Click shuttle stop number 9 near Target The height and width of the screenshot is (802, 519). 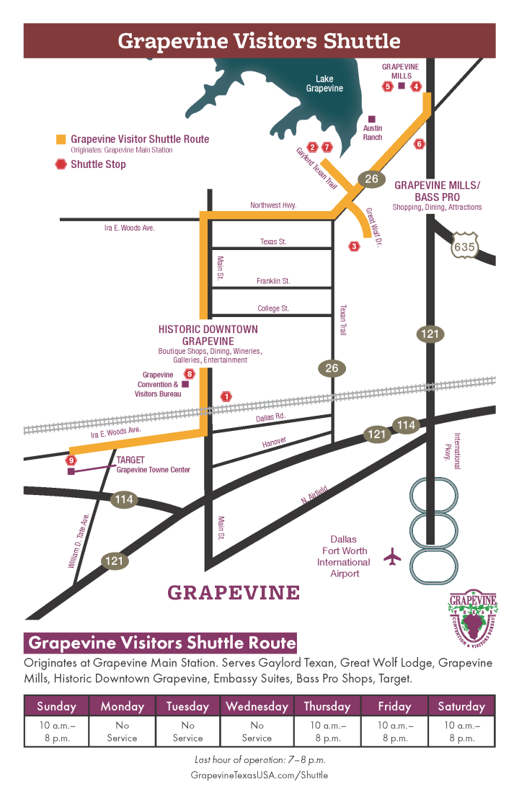click(x=71, y=460)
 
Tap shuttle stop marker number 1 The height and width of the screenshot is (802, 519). click(x=227, y=396)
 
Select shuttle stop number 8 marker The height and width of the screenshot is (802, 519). click(x=190, y=374)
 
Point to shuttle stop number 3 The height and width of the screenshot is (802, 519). click(x=354, y=246)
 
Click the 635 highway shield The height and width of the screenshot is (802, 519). click(x=464, y=246)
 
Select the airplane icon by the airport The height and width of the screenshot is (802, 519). click(x=393, y=556)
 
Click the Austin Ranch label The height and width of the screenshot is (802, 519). click(x=373, y=133)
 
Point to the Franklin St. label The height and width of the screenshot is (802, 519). click(x=273, y=281)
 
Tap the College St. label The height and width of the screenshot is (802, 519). click(x=273, y=308)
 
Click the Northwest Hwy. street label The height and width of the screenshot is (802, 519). click(x=273, y=205)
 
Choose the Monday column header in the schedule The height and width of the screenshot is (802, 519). click(x=123, y=706)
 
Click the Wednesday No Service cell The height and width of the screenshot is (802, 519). click(x=257, y=731)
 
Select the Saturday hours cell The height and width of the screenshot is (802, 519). click(x=461, y=731)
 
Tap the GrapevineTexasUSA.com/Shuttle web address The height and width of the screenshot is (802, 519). click(x=259, y=775)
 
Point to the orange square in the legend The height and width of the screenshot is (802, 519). click(x=61, y=139)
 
